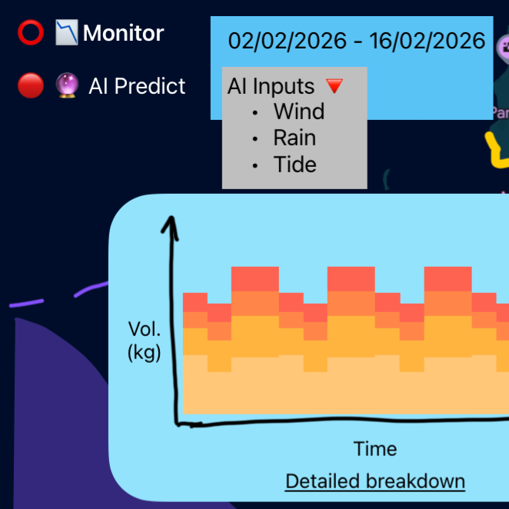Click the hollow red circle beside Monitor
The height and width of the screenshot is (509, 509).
[31, 34]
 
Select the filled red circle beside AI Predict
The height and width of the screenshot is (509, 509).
[31, 86]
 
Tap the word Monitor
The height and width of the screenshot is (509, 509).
[123, 34]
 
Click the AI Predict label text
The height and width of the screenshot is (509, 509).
[137, 86]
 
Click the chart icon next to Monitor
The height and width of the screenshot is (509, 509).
[67, 33]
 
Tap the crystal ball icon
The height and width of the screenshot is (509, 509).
[68, 85]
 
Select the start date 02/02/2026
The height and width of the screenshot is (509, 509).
[288, 41]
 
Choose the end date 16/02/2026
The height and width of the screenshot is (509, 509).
[427, 41]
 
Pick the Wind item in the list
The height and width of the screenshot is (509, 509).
[299, 111]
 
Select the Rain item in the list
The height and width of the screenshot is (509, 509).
[294, 138]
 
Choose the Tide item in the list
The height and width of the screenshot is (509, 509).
[294, 165]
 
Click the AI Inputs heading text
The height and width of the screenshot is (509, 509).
[271, 86]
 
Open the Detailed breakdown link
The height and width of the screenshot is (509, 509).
[375, 481]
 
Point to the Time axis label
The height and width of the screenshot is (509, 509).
[375, 448]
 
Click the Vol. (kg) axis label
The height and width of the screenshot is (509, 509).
[145, 341]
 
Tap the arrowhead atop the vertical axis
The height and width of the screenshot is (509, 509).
[173, 225]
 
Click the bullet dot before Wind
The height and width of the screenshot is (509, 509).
[254, 112]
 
